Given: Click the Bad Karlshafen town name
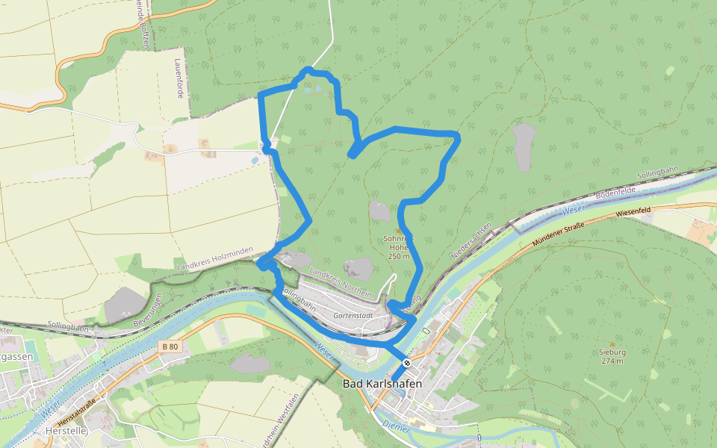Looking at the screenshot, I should [382, 384].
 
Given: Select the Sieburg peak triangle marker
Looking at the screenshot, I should [612, 344].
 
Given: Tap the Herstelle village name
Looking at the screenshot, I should [66, 431].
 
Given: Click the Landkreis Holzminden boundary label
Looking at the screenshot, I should [214, 258].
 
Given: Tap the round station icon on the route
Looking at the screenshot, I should [407, 363].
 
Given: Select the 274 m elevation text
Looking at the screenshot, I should [612, 361].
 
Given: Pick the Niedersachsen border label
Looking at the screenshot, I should [471, 240].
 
